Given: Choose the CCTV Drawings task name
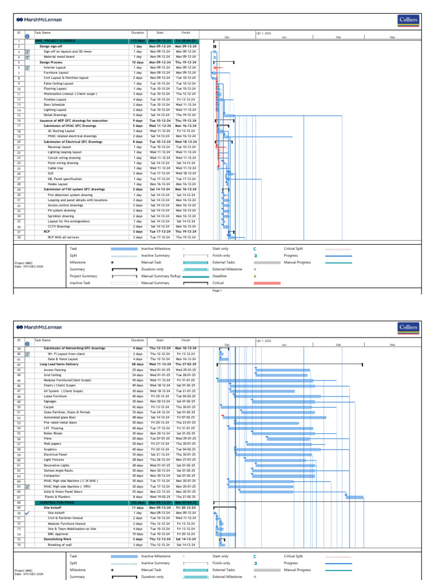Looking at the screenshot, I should pos(59,227).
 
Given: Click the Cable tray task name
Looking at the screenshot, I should pos(56,168).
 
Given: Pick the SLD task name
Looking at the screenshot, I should pos(50,173).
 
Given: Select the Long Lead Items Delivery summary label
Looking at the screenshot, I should pos(59,364).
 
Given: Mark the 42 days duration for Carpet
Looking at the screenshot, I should pos(138,407).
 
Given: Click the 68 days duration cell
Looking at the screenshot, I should pos(138,364).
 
